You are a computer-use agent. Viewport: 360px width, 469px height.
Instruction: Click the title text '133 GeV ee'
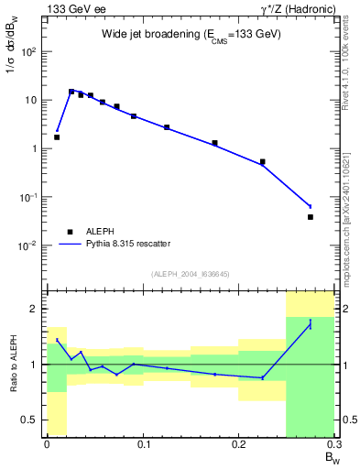(x=72, y=8)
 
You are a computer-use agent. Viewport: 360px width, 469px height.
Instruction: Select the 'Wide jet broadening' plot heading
(x=191, y=34)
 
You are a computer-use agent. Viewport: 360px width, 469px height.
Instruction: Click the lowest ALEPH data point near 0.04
(x=311, y=217)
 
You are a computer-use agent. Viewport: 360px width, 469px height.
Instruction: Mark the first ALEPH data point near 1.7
(x=57, y=137)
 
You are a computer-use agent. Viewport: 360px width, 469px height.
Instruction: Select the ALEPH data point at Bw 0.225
(x=262, y=162)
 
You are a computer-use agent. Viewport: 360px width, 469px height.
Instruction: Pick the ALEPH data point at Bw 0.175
(x=214, y=143)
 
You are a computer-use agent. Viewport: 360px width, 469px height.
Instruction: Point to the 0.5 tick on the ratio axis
(x=33, y=420)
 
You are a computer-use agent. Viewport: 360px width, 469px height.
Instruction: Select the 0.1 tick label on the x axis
(x=143, y=444)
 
